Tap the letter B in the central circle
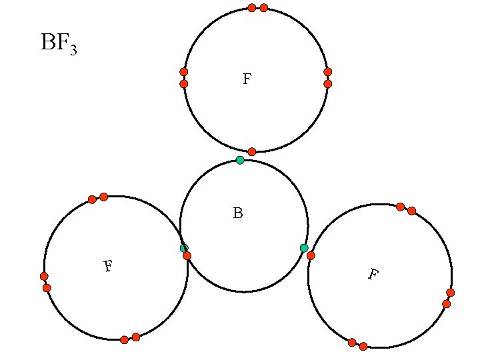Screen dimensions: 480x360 [238, 213]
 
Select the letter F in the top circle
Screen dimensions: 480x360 [247, 79]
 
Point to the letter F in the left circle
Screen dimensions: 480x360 [107, 267]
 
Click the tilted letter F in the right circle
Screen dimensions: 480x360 [374, 273]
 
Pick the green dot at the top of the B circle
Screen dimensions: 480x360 [240, 160]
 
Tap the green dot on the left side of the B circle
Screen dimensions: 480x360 [184, 248]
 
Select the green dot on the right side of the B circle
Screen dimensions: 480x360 [304, 248]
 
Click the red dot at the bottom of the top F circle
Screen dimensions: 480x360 [252, 152]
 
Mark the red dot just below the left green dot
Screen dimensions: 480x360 [187, 256]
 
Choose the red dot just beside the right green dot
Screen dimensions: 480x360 [311, 255]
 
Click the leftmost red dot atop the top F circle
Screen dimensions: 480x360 [252, 8]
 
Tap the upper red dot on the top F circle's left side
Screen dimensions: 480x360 [184, 71]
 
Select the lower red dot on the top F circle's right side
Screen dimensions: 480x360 [327, 84]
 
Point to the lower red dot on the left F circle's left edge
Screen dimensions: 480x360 [47, 288]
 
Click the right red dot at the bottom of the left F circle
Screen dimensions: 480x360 [136, 337]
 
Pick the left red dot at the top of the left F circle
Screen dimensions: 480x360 [92, 199]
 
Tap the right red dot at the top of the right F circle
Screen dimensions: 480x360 [411, 211]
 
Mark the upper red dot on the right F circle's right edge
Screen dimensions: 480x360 [451, 293]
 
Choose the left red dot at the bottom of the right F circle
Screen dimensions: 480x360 [352, 343]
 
